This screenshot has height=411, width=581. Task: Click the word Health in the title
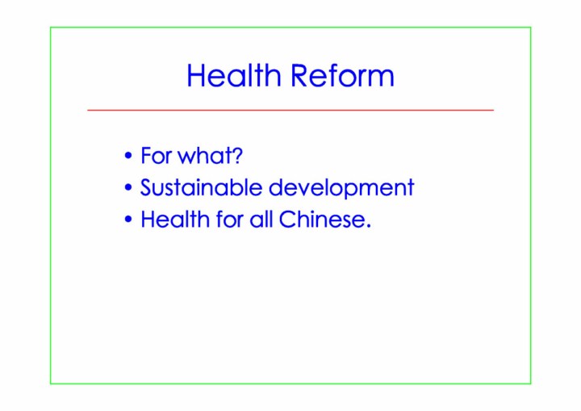[234, 75]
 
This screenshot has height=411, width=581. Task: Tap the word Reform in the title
[342, 75]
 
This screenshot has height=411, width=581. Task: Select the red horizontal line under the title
[290, 110]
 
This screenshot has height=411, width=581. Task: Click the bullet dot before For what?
[128, 155]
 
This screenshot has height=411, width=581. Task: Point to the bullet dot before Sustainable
[128, 187]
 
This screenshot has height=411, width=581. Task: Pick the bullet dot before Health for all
[128, 219]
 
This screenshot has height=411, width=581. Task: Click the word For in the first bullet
[156, 155]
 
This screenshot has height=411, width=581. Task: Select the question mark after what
[236, 155]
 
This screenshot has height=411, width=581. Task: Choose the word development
[341, 188]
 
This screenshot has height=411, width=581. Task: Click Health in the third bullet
[175, 219]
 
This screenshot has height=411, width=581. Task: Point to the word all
[261, 219]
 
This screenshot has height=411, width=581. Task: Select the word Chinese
[322, 219]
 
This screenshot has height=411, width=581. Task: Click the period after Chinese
[368, 225]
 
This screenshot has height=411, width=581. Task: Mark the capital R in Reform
[300, 75]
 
